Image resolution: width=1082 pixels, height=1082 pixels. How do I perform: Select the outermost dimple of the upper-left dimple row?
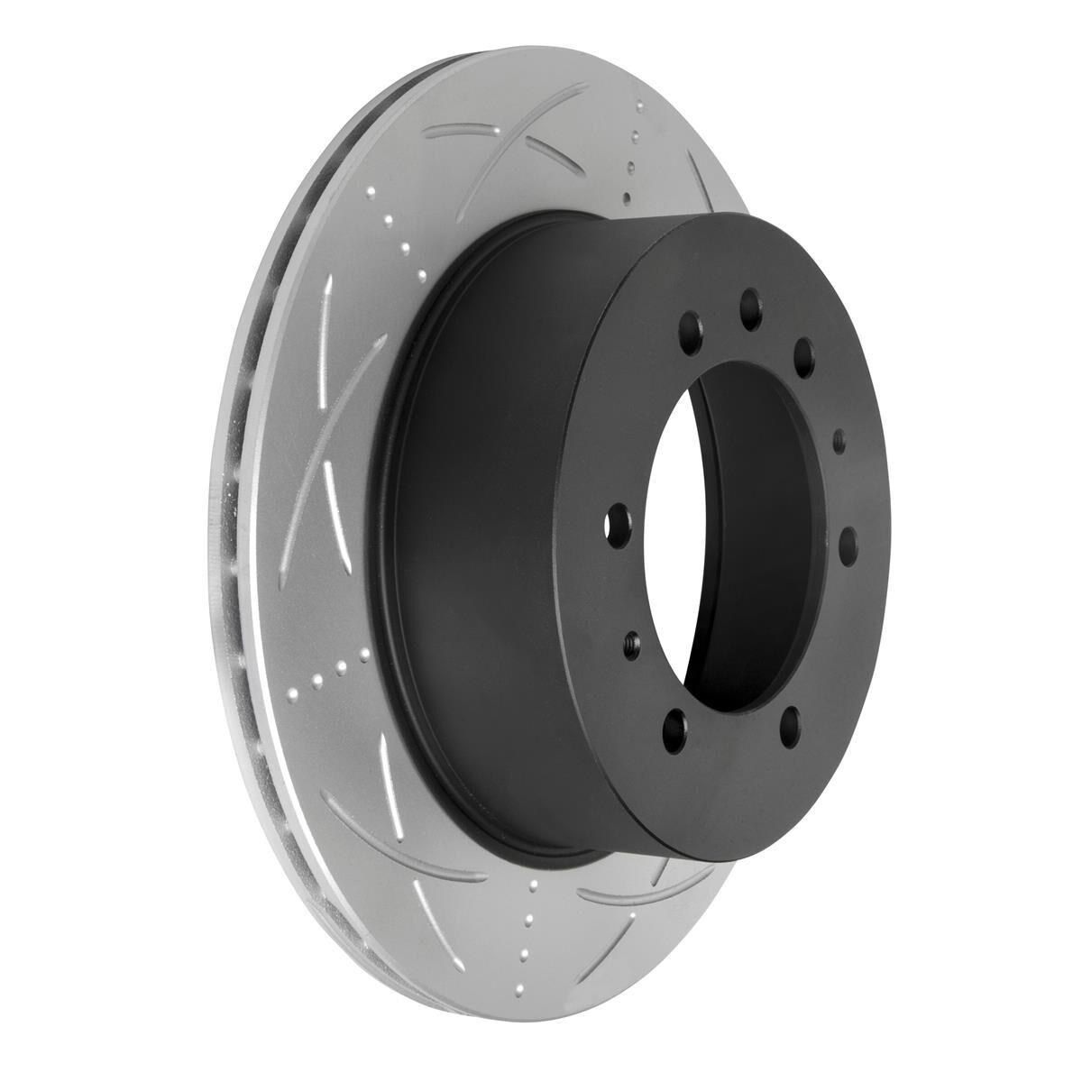pos(371,193)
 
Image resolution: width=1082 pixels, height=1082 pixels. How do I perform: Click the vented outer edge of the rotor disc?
pos(236,541)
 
